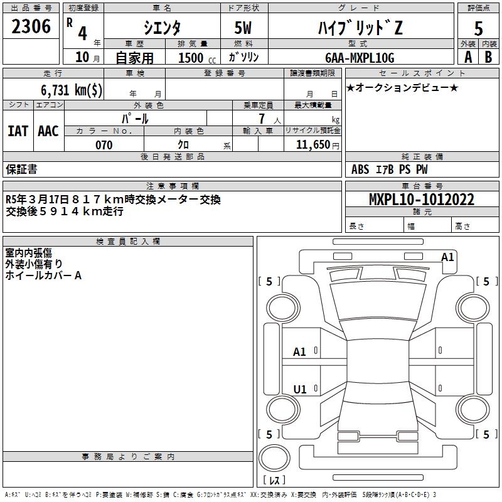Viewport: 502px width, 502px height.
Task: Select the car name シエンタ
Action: [x=162, y=27]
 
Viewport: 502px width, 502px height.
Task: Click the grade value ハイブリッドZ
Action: [x=358, y=27]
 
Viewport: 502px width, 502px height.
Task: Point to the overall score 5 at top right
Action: [x=479, y=28]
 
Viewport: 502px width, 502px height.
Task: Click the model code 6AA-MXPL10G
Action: [x=360, y=58]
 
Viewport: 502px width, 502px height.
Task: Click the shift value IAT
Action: [x=18, y=131]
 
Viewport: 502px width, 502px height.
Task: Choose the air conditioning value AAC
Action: [x=48, y=131]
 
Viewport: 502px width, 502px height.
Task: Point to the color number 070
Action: [x=104, y=145]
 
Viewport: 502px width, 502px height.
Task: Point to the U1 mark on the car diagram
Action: [x=300, y=389]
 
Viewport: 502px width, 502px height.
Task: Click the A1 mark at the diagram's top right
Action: [x=447, y=257]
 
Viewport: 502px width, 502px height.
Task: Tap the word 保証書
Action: [x=21, y=169]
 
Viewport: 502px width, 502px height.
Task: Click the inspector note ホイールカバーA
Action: [x=44, y=275]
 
